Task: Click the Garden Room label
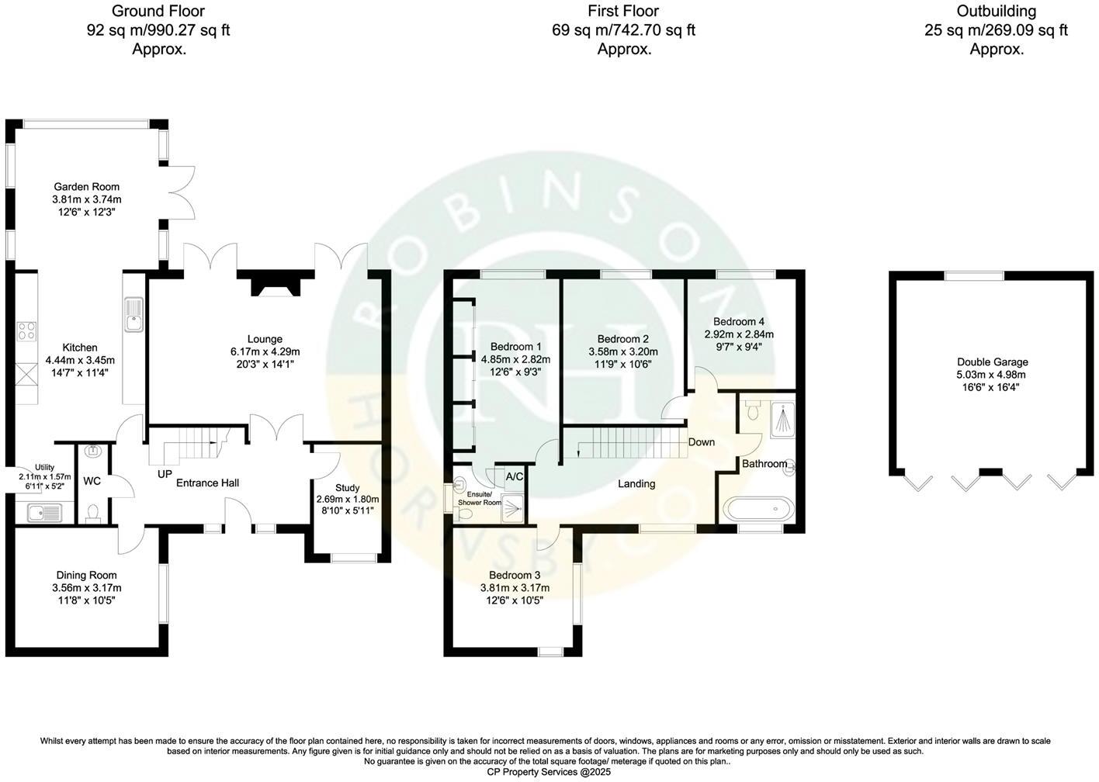(86, 186)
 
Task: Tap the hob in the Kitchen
(26, 331)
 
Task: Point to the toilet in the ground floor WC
(93, 513)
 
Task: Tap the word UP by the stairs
(165, 474)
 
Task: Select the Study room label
(347, 488)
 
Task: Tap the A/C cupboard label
(515, 476)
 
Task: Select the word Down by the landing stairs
(702, 442)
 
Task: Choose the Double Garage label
(992, 362)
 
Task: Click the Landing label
(636, 483)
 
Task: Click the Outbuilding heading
(997, 11)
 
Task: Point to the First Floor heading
(624, 11)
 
